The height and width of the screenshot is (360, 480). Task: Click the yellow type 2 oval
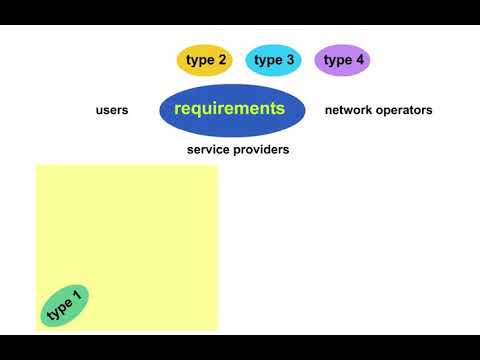[205, 61]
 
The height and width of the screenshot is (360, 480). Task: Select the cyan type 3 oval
[274, 61]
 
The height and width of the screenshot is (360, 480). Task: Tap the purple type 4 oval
[343, 61]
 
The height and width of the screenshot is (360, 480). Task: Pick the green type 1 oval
[65, 305]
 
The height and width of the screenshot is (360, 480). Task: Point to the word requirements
[229, 108]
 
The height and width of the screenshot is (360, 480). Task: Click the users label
[112, 110]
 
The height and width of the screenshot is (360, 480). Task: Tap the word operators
[405, 110]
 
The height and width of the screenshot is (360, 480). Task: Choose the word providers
[262, 150]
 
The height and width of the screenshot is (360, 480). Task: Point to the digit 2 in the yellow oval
[222, 60]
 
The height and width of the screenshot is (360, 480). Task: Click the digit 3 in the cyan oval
[290, 60]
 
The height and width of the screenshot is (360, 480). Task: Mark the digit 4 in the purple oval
[360, 60]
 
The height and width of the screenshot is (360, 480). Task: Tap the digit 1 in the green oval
[76, 296]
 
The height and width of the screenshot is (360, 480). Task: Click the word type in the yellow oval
[199, 61]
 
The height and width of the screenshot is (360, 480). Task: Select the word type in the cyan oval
[267, 61]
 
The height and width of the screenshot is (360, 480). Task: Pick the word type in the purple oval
[337, 61]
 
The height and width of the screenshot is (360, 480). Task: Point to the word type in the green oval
[59, 309]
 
